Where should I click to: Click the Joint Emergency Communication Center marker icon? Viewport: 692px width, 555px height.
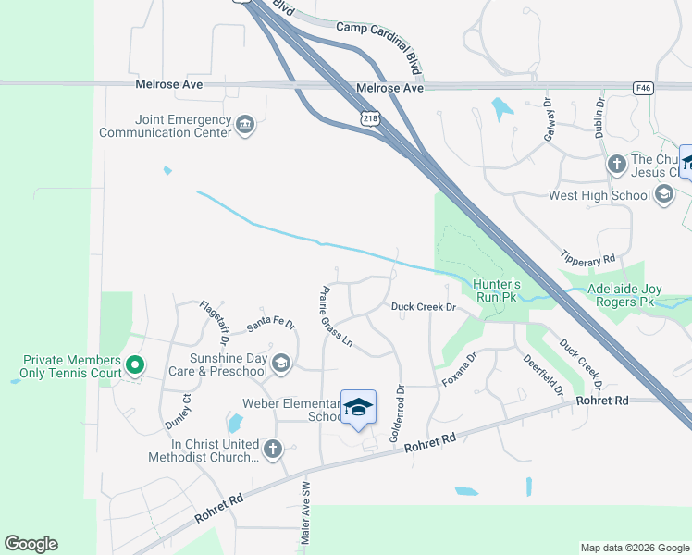(245, 126)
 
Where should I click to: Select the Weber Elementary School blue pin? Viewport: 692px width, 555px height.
(358, 407)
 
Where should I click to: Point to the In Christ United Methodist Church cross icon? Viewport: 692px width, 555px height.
(272, 450)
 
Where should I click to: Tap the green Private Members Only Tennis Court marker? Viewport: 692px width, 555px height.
(134, 366)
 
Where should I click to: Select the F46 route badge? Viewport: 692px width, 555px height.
(644, 88)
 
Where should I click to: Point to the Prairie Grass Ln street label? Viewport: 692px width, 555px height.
(337, 314)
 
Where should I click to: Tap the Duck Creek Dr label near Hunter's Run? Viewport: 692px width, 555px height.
(424, 306)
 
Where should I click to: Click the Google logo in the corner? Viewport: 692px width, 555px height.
(31, 544)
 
